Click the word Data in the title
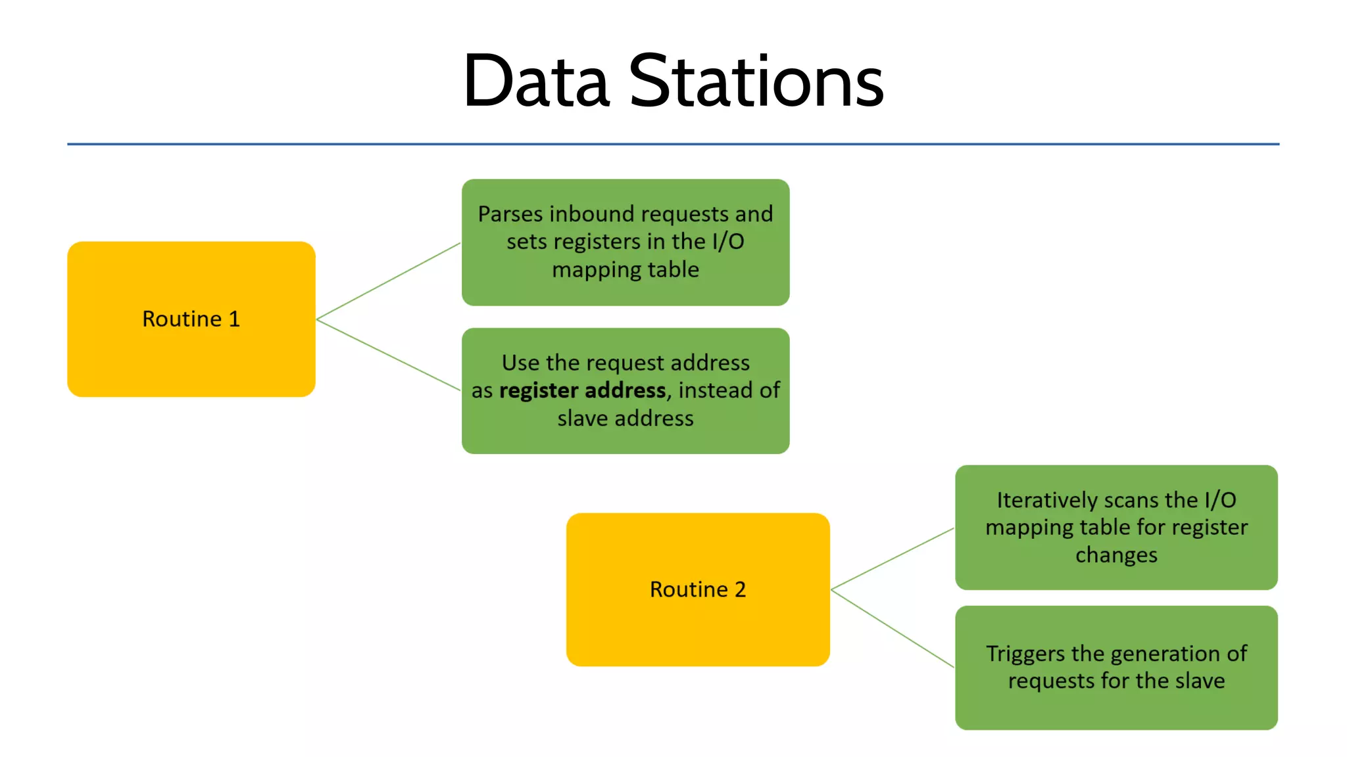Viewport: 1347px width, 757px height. tap(536, 81)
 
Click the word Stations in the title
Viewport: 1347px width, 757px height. tap(756, 81)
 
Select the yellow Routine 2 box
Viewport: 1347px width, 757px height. tap(697, 624)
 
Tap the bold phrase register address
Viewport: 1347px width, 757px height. tap(582, 390)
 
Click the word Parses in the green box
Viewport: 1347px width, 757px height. tap(510, 214)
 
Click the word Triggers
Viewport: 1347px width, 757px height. tap(1025, 654)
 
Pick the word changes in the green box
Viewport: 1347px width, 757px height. tap(1116, 555)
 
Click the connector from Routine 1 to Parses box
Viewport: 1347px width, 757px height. tap(388, 281)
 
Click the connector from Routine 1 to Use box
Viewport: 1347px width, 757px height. tap(388, 355)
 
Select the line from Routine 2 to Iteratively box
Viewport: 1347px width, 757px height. tap(893, 559)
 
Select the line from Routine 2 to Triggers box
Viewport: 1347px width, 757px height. tap(893, 629)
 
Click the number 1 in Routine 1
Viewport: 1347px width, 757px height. tap(234, 319)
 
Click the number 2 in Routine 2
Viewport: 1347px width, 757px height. tap(741, 589)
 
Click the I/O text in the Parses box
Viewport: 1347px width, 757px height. tap(728, 242)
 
